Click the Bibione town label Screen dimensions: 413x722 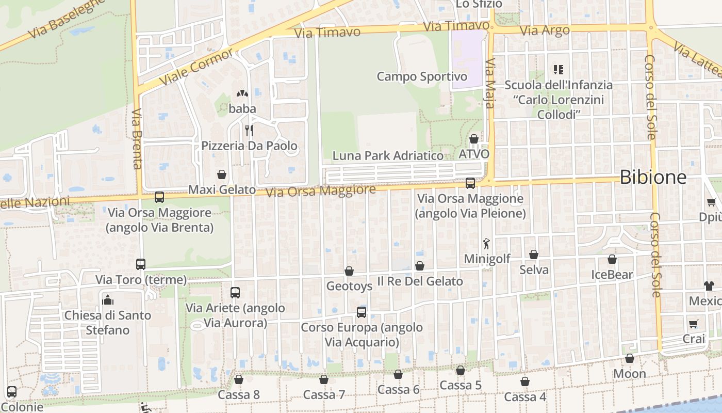[x=653, y=177]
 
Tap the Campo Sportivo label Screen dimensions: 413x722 [x=422, y=77]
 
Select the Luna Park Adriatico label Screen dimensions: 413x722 [x=388, y=155]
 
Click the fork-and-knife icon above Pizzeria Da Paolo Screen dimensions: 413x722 [x=249, y=130]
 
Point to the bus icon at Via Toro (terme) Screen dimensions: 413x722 [x=141, y=264]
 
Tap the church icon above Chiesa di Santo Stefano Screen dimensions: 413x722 [x=108, y=299]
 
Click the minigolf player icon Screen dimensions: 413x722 [x=486, y=243]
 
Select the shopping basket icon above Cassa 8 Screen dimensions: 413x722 [x=239, y=380]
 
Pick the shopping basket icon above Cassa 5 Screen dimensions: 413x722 [x=461, y=370]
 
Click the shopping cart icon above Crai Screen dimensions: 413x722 [x=694, y=324]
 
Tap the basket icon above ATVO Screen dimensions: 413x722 [x=474, y=139]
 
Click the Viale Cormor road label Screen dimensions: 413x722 [x=196, y=68]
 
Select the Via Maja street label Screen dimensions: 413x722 [x=490, y=83]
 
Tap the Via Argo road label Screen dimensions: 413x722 [x=545, y=30]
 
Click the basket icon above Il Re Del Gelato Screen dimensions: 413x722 [x=420, y=266]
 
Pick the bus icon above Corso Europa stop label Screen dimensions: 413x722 [x=362, y=312]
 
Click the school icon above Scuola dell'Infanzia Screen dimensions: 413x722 [x=559, y=69]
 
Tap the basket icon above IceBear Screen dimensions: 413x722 [x=612, y=259]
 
